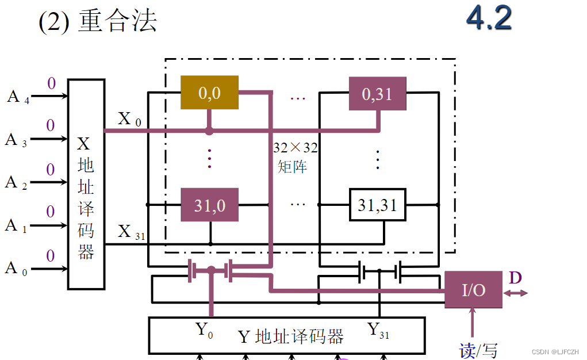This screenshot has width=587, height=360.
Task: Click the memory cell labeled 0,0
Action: [x=209, y=93]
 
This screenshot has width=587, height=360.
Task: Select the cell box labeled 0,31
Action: [x=377, y=93]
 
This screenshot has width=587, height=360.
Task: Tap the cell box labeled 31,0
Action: [x=209, y=205]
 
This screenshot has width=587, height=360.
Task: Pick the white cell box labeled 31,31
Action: [x=377, y=205]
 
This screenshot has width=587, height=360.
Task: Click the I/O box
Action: [x=474, y=290]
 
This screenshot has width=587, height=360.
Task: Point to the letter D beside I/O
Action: [x=515, y=278]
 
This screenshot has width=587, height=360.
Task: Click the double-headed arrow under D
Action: [x=516, y=293]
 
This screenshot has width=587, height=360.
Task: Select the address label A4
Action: [x=17, y=96]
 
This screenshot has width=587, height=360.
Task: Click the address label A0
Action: [x=16, y=268]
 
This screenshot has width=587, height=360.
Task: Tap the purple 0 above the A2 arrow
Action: [x=51, y=170]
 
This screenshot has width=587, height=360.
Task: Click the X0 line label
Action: [x=128, y=119]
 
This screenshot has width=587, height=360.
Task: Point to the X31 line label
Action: [x=131, y=232]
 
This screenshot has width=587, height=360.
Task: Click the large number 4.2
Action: [x=489, y=18]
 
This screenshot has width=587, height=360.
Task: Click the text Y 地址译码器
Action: [x=290, y=336]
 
